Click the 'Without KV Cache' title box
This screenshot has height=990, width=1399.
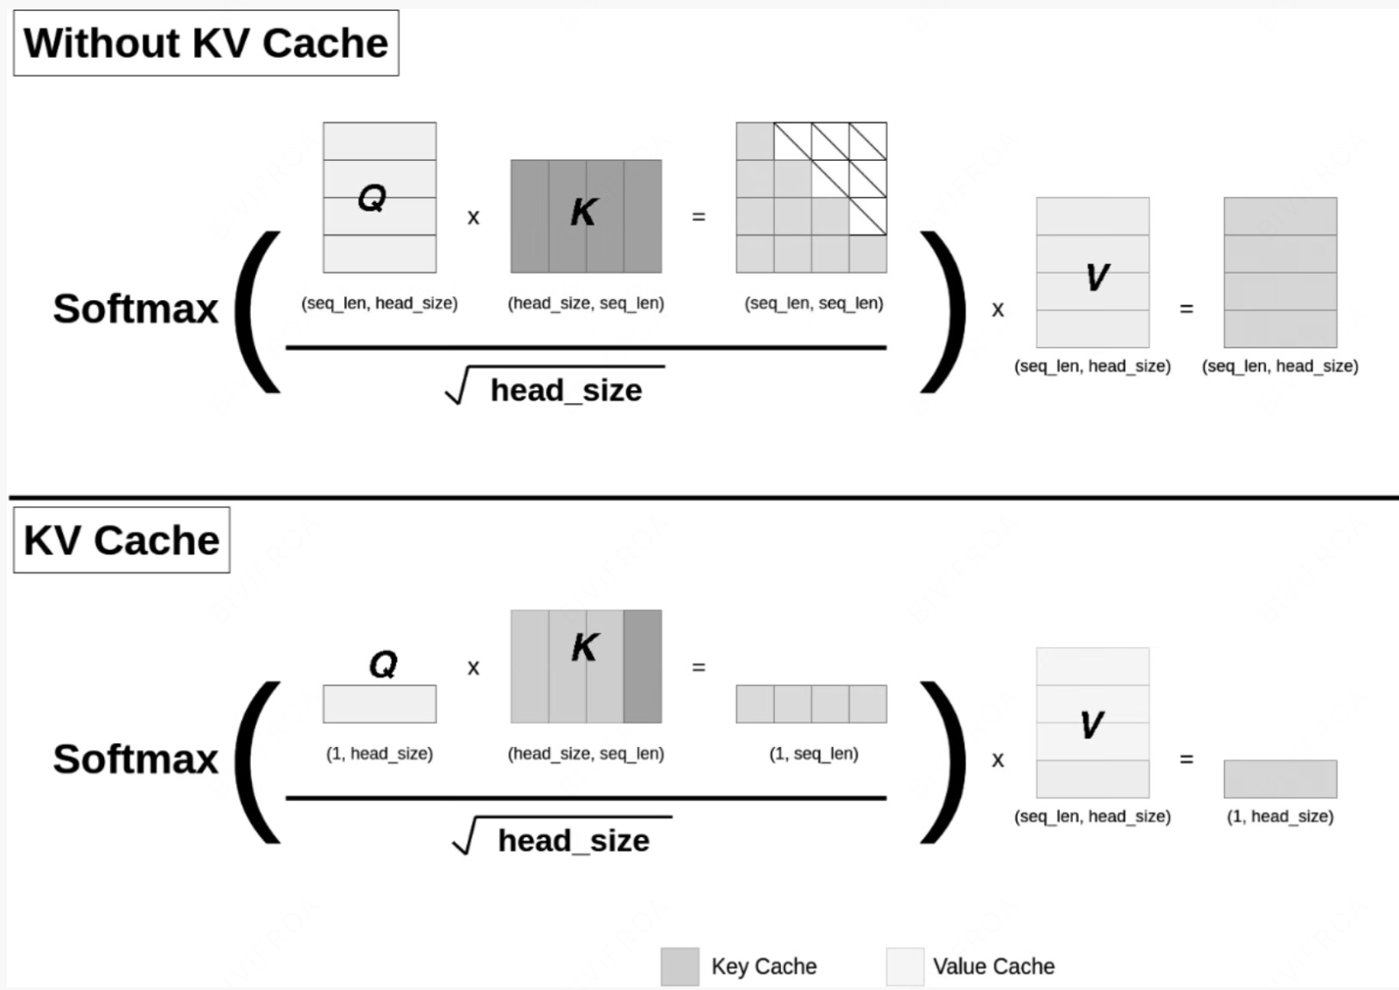click(x=205, y=43)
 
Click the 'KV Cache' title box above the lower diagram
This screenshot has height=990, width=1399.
click(x=122, y=540)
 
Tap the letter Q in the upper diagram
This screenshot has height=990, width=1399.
click(x=372, y=198)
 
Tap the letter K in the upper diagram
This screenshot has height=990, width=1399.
click(x=583, y=212)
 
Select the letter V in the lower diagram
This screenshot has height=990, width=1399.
click(x=1091, y=724)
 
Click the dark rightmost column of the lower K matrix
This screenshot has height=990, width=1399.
click(x=643, y=666)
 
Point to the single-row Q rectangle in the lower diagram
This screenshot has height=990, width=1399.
click(x=379, y=704)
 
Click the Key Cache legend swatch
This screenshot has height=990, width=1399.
click(x=679, y=966)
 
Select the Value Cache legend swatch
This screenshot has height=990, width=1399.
click(x=905, y=966)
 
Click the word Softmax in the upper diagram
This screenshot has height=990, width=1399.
click(x=136, y=309)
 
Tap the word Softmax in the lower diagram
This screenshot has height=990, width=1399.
click(x=136, y=759)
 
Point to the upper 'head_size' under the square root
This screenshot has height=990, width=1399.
click(x=566, y=390)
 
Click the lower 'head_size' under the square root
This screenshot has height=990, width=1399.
click(x=574, y=840)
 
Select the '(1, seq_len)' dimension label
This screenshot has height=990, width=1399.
click(x=813, y=753)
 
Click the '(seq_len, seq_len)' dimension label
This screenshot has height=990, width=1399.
click(x=813, y=303)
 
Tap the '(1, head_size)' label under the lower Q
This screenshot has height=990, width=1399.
click(x=379, y=753)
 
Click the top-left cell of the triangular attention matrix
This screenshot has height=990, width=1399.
click(x=755, y=141)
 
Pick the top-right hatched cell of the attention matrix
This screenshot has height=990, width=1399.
click(x=868, y=141)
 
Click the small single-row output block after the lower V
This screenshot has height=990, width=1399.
click(x=1280, y=778)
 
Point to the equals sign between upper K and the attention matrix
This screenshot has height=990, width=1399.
click(x=699, y=216)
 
